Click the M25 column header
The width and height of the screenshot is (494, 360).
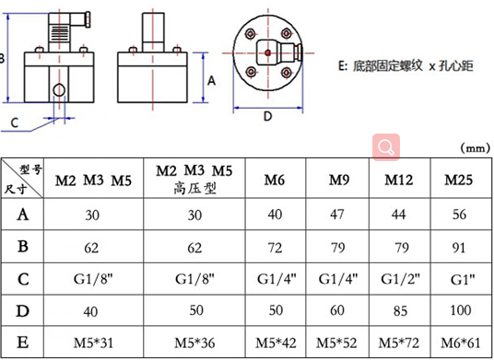(x=458, y=179)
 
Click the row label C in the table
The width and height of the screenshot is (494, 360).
(x=21, y=277)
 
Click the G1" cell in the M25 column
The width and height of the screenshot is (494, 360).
(x=458, y=278)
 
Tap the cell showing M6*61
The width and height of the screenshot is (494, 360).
(x=458, y=342)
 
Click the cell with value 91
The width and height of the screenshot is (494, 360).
(x=458, y=247)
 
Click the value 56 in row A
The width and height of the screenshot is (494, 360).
(x=458, y=215)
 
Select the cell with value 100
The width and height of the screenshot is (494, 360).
(x=458, y=310)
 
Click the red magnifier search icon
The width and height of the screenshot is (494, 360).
(x=385, y=146)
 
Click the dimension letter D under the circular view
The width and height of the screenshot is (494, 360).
(x=268, y=117)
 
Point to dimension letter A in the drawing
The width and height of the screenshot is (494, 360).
(x=211, y=81)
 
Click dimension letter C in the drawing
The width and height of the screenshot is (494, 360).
(x=15, y=122)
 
